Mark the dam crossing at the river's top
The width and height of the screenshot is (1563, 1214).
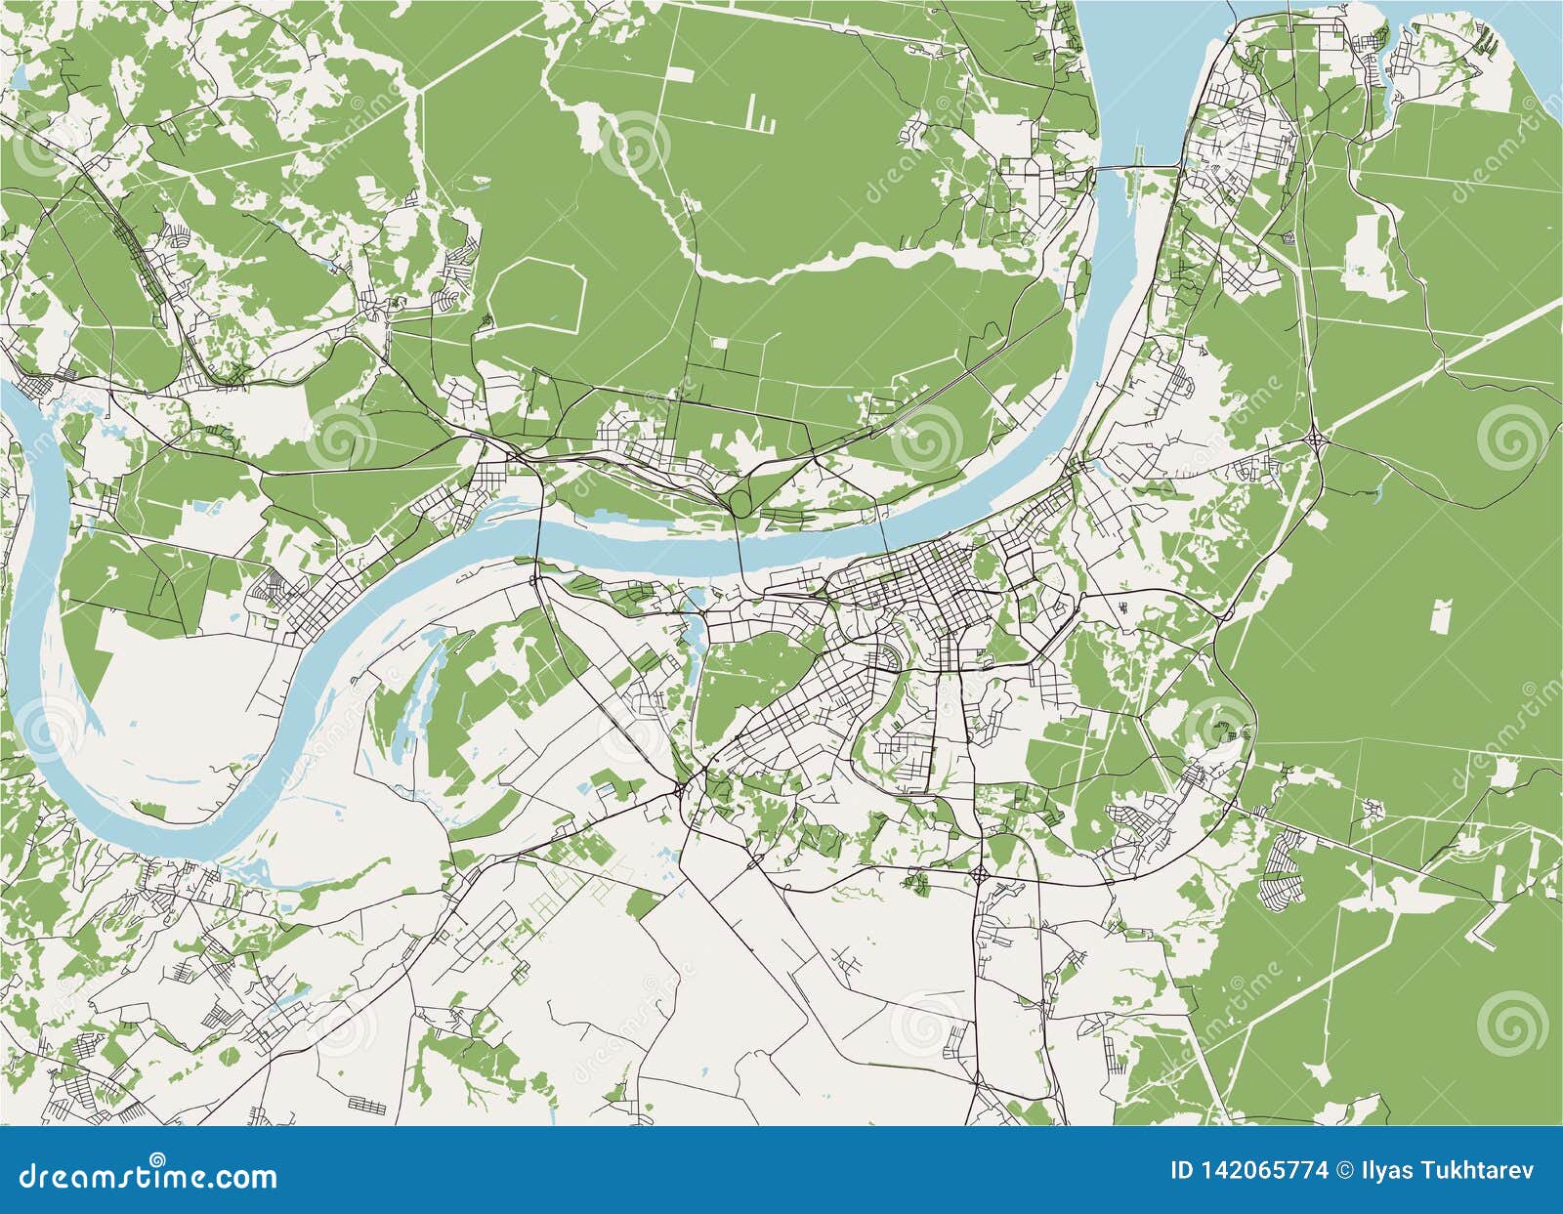(1139, 168)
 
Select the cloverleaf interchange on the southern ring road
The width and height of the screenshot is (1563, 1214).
(980, 872)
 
